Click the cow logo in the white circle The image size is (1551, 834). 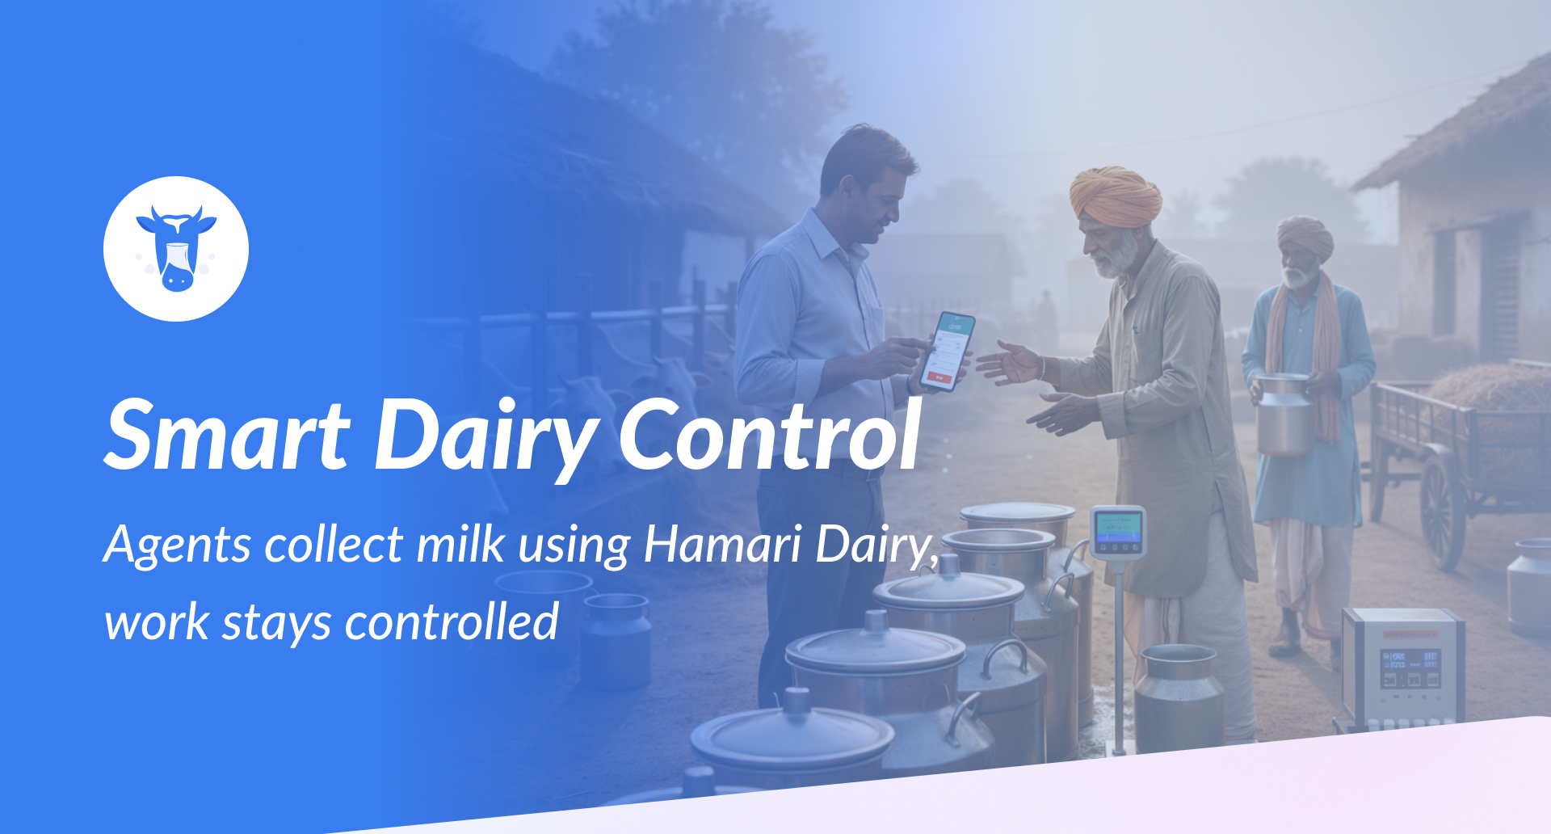click(x=176, y=249)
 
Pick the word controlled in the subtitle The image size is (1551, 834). click(x=452, y=622)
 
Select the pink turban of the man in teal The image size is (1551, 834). click(x=1305, y=236)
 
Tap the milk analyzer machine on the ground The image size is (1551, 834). click(x=1403, y=667)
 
